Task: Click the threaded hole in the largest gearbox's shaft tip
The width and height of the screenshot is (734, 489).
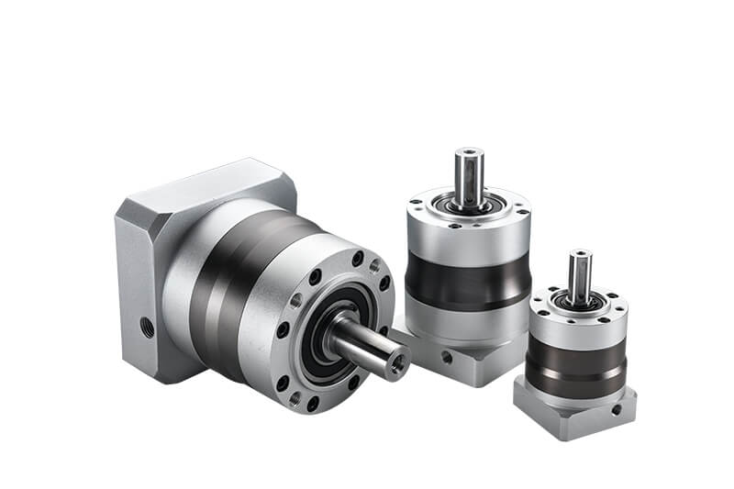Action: point(398,364)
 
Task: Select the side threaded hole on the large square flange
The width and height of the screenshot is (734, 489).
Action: point(148,326)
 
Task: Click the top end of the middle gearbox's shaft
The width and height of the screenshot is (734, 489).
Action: point(469,152)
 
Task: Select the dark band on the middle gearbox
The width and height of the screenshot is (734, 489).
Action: point(468,276)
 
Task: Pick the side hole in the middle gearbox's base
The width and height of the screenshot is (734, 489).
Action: point(446,359)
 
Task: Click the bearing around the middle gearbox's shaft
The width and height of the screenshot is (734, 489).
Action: point(469,205)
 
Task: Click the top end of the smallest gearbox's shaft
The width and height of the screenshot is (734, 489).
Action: point(580,254)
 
